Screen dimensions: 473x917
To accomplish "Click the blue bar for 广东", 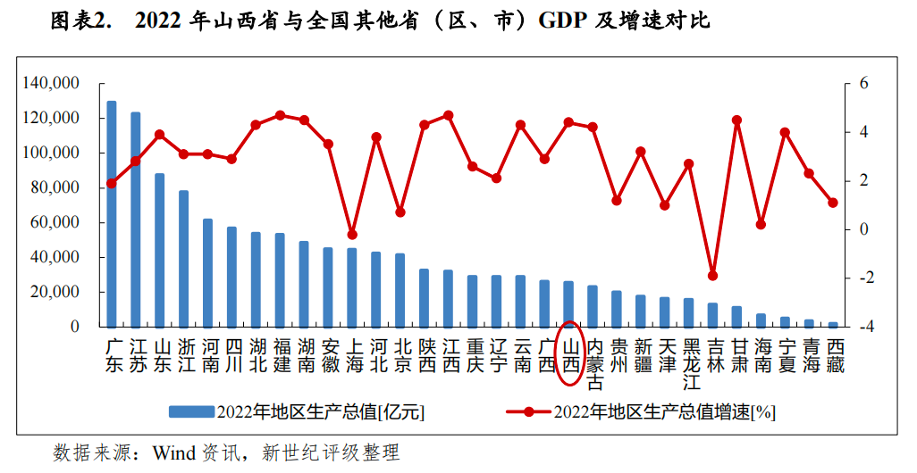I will (112, 214).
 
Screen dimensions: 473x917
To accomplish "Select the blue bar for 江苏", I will (136, 220).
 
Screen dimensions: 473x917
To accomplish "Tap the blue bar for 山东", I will (160, 250).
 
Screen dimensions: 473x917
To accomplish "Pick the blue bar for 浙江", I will (184, 259).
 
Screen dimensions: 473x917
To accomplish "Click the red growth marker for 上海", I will (352, 235).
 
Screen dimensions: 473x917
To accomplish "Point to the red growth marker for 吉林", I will (712, 276).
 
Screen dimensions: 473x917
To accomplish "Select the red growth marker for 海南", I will (761, 225).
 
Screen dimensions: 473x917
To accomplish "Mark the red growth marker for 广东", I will (112, 183).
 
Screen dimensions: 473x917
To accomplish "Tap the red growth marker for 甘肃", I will (736, 120).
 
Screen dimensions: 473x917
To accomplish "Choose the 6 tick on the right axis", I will (863, 83).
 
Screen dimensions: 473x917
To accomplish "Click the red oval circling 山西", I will (569, 354).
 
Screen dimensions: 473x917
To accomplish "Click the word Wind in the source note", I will (175, 452).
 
